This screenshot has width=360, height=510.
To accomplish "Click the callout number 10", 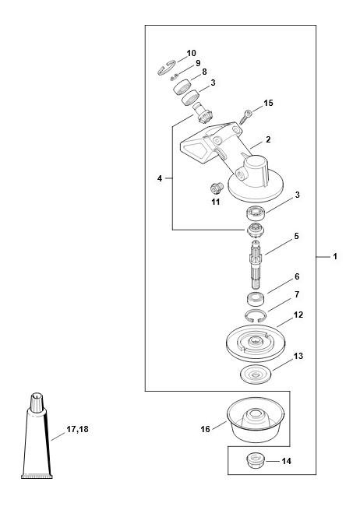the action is pyautogui.click(x=191, y=53).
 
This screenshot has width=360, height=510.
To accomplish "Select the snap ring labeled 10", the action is pyautogui.click(x=166, y=67).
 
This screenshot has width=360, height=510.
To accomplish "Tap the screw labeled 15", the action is pyautogui.click(x=246, y=117).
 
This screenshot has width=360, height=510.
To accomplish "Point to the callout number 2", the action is pyautogui.click(x=268, y=139).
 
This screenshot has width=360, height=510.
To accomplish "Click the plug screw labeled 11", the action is pyautogui.click(x=217, y=188).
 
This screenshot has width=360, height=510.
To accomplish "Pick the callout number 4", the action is pyautogui.click(x=160, y=178).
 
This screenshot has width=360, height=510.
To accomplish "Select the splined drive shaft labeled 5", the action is pyautogui.click(x=256, y=264).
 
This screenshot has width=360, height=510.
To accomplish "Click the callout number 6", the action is pyautogui.click(x=297, y=276).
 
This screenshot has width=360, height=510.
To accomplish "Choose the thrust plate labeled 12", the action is pyautogui.click(x=256, y=343).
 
